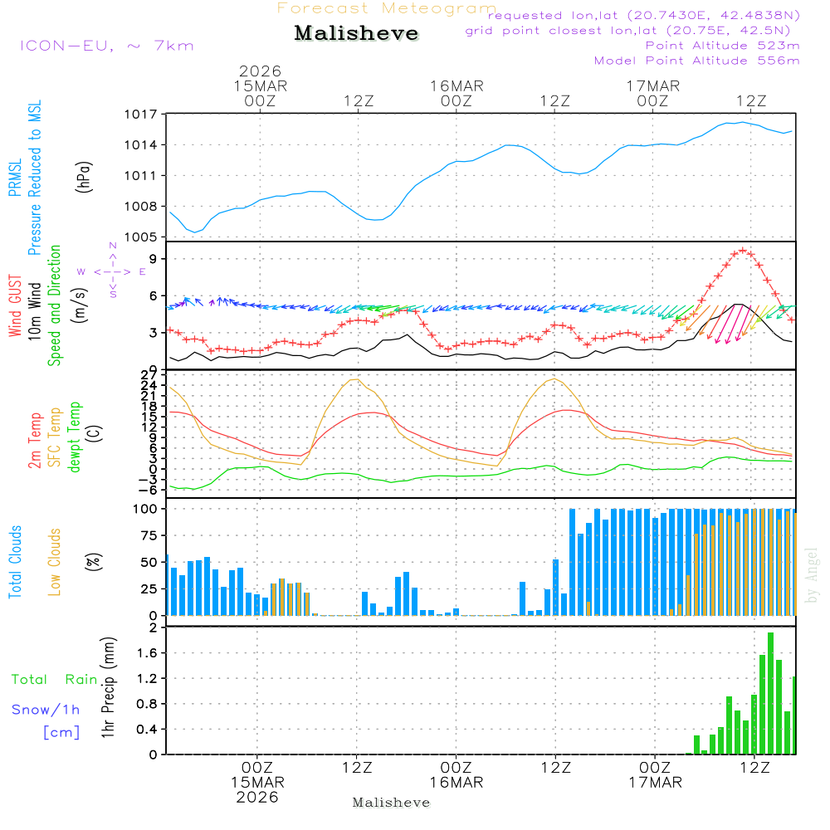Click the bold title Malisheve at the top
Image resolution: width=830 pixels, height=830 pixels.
(x=356, y=34)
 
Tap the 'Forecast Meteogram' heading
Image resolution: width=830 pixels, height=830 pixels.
(x=387, y=8)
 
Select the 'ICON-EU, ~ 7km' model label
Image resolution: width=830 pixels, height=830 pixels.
(x=106, y=46)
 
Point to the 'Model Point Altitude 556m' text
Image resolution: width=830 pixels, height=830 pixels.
(x=697, y=61)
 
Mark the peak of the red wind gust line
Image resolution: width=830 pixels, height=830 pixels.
(x=743, y=251)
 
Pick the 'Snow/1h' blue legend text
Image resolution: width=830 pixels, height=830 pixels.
(x=46, y=710)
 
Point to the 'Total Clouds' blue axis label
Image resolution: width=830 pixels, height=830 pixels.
(x=16, y=561)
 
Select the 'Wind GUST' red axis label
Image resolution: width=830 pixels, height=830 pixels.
(x=16, y=307)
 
